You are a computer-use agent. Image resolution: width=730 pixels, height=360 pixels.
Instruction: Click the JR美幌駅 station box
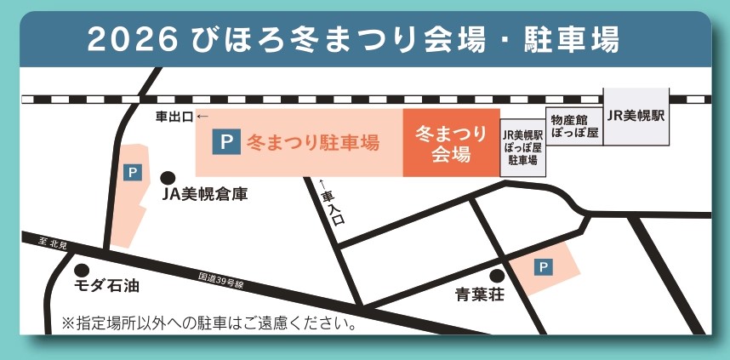click(635, 116)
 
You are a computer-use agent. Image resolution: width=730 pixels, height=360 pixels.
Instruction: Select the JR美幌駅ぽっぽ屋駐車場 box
click(522, 146)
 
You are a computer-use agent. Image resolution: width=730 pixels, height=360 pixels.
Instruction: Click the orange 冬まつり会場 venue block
click(451, 143)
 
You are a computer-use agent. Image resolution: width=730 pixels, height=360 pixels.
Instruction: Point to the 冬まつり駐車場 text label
click(312, 143)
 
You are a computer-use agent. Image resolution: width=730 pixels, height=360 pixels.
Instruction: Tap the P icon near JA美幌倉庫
click(132, 173)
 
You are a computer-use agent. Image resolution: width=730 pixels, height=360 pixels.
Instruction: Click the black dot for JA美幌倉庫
click(168, 178)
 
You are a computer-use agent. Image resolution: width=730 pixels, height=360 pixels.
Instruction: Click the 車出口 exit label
click(174, 117)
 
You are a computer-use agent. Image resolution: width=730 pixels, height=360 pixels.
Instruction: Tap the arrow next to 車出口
click(202, 117)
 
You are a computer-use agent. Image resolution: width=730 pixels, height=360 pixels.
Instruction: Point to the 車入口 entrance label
click(332, 207)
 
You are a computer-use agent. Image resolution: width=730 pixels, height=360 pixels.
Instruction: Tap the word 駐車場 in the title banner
click(569, 39)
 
